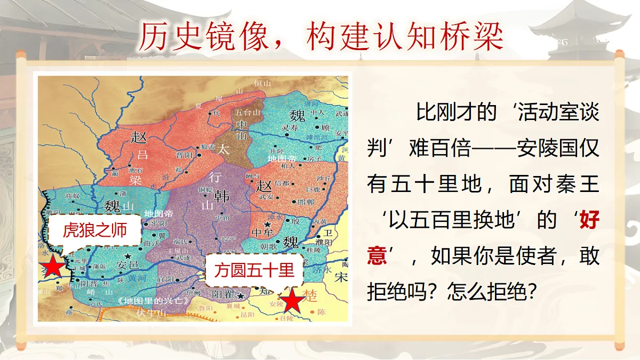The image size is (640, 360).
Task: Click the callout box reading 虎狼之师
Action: coord(95,230)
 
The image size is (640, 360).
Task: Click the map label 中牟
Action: coord(262,233)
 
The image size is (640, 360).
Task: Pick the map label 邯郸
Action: coord(306,202)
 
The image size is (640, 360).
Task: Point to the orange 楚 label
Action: coord(309,295)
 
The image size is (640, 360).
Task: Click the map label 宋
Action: coord(341,277)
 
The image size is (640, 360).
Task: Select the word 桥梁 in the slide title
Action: coord(475,36)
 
